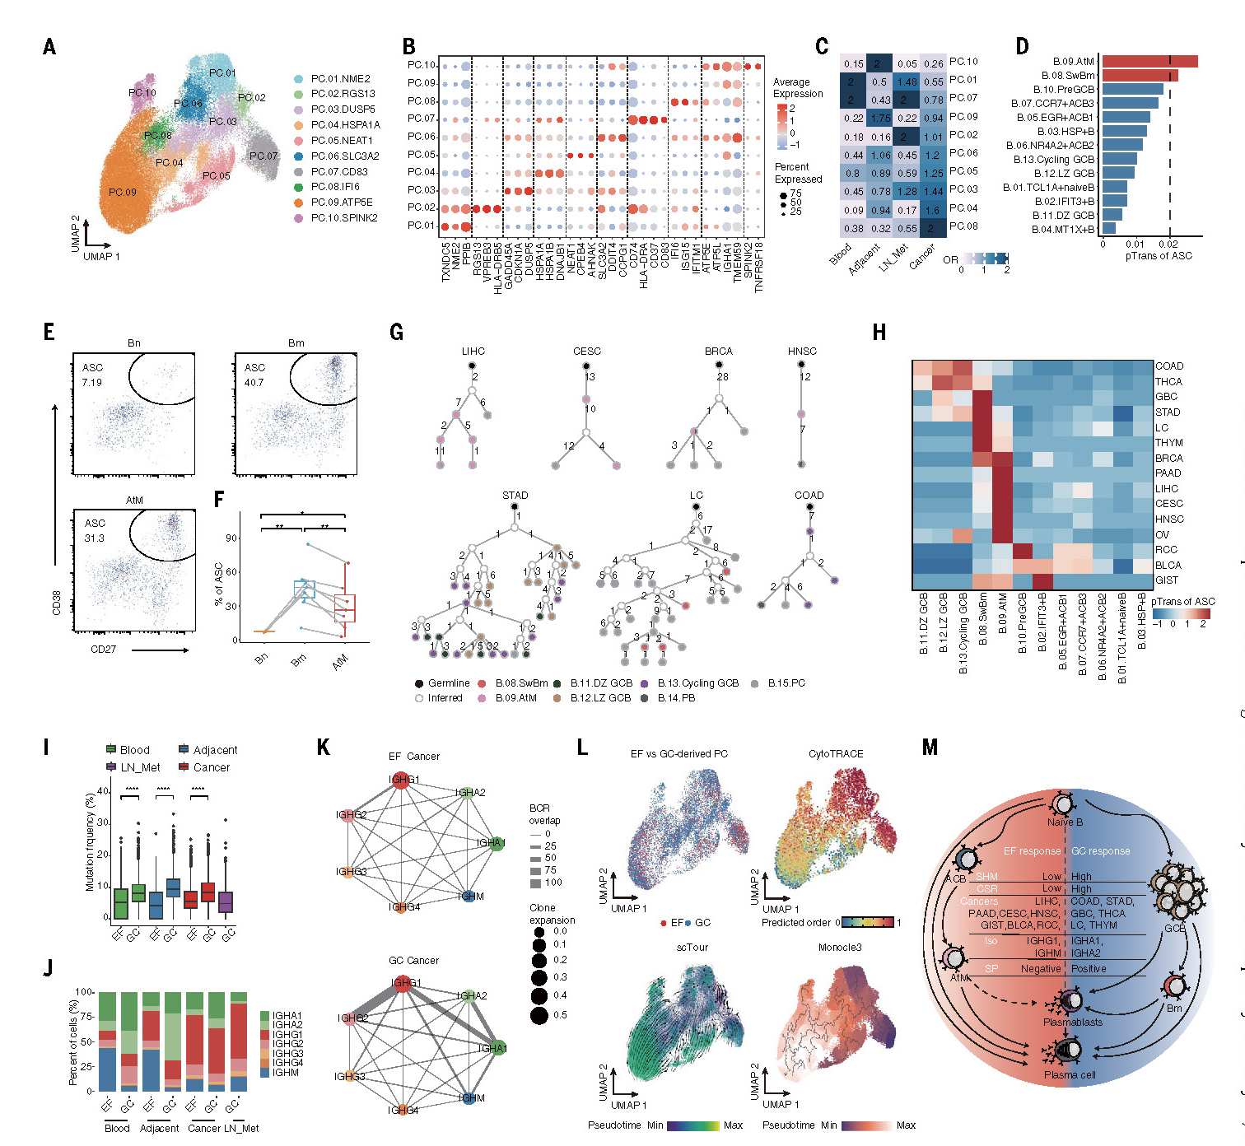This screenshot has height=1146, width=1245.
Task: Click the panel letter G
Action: click(x=396, y=332)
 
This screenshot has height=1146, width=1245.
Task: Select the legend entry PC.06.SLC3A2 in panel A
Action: click(x=344, y=156)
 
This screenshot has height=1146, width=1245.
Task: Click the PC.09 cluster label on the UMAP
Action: click(x=122, y=192)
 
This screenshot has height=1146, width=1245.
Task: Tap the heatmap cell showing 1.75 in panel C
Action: click(x=880, y=118)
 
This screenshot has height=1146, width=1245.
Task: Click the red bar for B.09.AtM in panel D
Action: click(x=1149, y=61)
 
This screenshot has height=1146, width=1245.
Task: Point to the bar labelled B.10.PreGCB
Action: click(x=1132, y=89)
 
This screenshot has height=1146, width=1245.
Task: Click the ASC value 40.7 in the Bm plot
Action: click(x=254, y=382)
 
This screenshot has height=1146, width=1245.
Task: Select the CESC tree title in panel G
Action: click(x=587, y=351)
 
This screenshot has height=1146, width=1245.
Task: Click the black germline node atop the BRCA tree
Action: click(x=718, y=365)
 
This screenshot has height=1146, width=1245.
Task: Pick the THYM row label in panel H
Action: click(x=1168, y=443)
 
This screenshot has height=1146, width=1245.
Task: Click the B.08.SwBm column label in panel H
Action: click(x=982, y=634)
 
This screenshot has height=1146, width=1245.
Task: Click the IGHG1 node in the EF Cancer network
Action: click(x=401, y=780)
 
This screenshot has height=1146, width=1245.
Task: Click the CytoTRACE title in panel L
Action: click(x=836, y=753)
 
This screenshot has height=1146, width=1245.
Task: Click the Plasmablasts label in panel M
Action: click(x=1072, y=1022)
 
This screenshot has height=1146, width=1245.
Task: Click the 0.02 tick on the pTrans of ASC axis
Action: click(x=1168, y=244)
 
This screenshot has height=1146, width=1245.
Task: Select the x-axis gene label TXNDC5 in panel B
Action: click(x=445, y=262)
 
